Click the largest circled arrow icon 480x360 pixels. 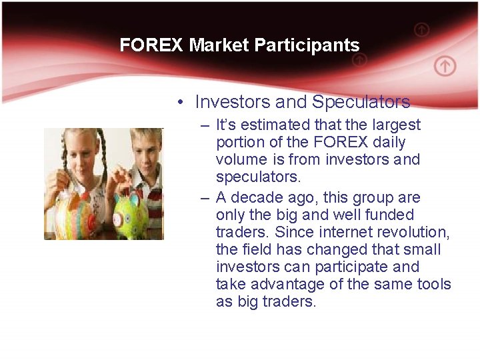[x=445, y=66]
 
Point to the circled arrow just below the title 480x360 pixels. [x=359, y=60]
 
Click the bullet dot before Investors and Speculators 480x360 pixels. [x=181, y=103]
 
